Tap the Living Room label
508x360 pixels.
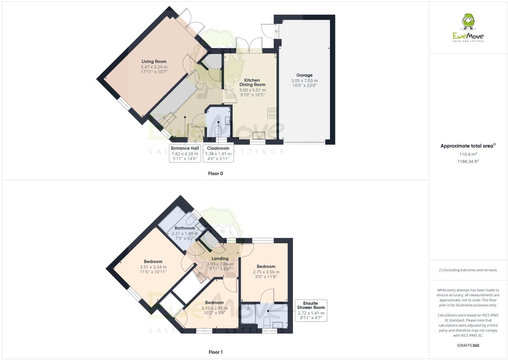[x=154, y=61]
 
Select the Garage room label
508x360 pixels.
[x=304, y=75]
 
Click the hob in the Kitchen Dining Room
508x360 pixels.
[x=272, y=113]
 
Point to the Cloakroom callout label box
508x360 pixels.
[x=218, y=153]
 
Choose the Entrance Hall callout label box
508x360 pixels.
[x=185, y=153]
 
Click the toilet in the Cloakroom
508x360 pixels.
[x=218, y=131]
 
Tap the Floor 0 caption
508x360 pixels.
[x=215, y=174]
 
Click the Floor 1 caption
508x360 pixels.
[x=215, y=352]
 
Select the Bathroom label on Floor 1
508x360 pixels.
[x=185, y=228]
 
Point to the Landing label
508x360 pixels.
[x=220, y=259]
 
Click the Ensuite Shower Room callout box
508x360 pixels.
[x=311, y=310]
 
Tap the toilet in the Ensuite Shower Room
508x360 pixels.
[x=267, y=322]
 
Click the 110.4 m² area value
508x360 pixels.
[x=468, y=154]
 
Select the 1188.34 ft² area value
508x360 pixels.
[x=468, y=162]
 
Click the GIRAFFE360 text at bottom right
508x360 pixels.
[x=468, y=346]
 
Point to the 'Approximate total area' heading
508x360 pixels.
[x=468, y=146]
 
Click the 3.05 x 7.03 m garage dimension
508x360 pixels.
[x=304, y=81]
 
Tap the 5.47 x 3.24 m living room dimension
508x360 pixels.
[x=154, y=67]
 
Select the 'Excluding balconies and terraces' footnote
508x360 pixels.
[x=468, y=270]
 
